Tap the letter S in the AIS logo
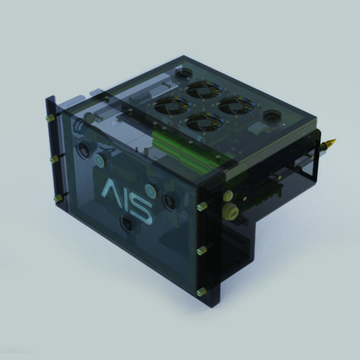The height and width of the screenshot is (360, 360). click(x=140, y=210)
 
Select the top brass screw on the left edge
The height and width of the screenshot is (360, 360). click(x=50, y=118)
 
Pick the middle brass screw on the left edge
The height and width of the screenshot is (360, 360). click(x=55, y=159)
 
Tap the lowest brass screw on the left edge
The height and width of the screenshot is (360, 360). click(x=58, y=198)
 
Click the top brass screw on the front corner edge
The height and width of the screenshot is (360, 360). click(x=202, y=206)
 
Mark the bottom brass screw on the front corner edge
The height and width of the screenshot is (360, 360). click(x=201, y=292)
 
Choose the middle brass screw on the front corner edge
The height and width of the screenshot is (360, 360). click(x=202, y=251)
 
